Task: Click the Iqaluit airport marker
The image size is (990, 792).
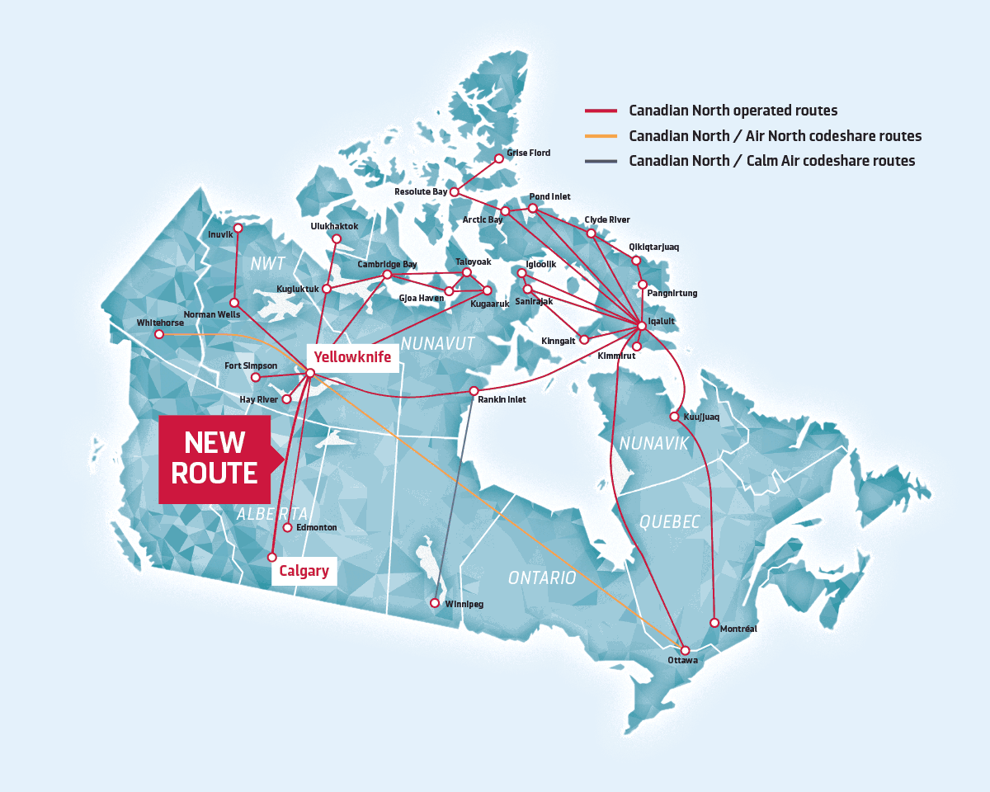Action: coord(639,325)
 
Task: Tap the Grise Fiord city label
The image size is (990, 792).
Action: coord(528,153)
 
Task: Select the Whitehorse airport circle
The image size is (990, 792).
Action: coord(159,334)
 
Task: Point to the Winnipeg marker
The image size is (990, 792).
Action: coord(435,603)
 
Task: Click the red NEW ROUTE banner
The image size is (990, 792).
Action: coord(214,459)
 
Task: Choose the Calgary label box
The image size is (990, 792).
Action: coord(304,570)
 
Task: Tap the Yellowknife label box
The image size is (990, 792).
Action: coord(352,356)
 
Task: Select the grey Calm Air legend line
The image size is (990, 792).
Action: coord(601,161)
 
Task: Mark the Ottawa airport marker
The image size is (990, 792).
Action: coord(685,650)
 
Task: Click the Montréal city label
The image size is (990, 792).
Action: coord(738,629)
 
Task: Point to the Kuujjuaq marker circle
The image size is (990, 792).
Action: coord(675,417)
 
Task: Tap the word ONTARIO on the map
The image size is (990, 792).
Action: coord(541,577)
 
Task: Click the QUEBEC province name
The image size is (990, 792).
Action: coord(669,521)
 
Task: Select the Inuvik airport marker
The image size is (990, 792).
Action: coord(238,228)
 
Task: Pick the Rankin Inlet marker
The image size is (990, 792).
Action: coord(474,390)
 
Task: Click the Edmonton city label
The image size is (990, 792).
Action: coord(315,527)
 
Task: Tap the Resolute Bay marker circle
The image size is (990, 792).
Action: coord(454,192)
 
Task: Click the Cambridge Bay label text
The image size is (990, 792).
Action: coord(387,264)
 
